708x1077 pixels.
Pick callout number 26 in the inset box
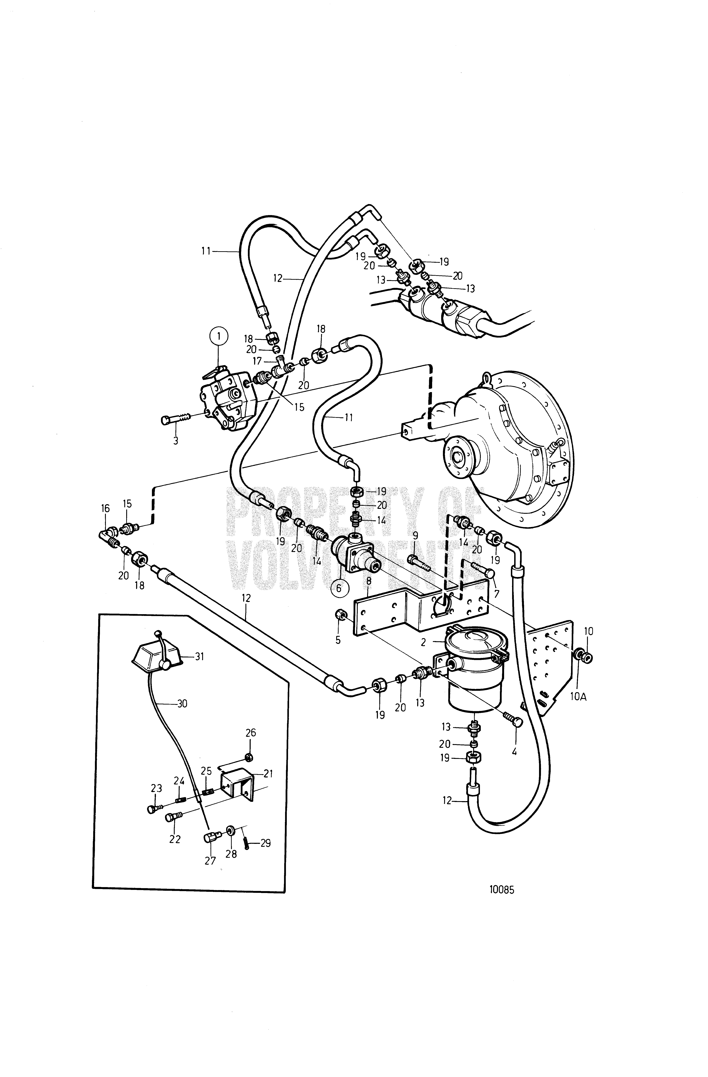click(250, 732)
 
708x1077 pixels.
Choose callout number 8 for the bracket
click(369, 580)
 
